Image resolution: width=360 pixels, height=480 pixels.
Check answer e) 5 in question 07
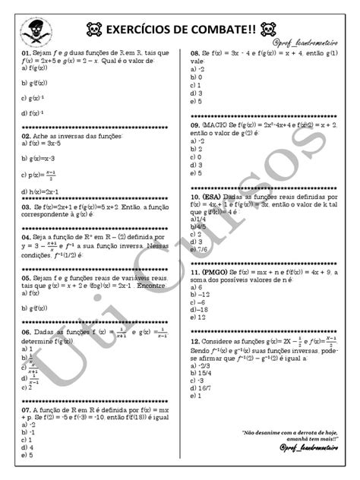tap(27, 455)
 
